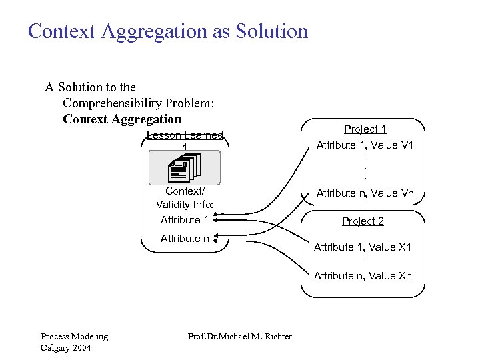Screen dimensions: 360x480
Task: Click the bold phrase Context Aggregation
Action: (122, 119)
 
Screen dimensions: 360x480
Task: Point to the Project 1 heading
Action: (365, 129)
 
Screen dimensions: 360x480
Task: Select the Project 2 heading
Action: (363, 221)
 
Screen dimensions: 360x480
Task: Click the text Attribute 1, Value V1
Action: (365, 145)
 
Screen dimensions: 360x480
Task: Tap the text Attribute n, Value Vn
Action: (365, 193)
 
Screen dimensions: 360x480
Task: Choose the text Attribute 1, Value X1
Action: (363, 247)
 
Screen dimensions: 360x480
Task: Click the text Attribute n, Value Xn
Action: (363, 276)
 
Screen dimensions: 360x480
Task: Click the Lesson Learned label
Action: (185, 136)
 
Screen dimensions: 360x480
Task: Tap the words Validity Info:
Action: (185, 205)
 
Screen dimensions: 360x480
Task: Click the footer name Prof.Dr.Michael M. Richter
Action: (241, 337)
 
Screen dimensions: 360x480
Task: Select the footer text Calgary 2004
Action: (65, 347)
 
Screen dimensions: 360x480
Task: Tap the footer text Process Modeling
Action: (74, 337)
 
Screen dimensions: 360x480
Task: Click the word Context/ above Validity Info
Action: (185, 191)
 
